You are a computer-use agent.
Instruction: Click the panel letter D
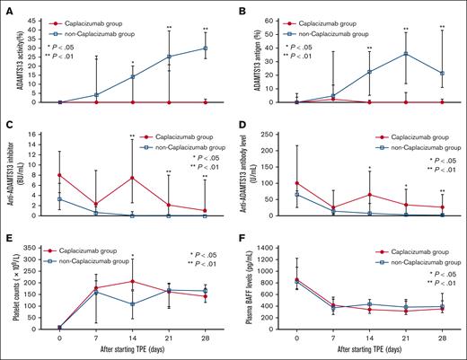click(x=242, y=127)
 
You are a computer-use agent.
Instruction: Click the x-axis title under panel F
click(x=368, y=352)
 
